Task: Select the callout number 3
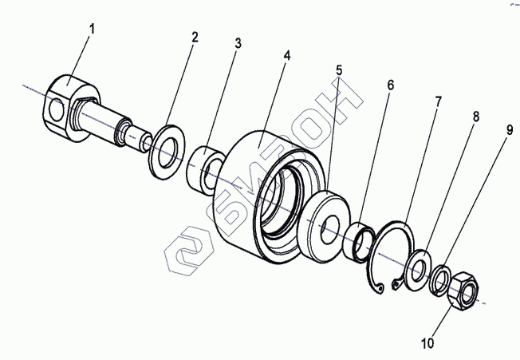[x=238, y=44]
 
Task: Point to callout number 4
[x=286, y=57]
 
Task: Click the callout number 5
[x=340, y=69]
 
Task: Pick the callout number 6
[x=389, y=84]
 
